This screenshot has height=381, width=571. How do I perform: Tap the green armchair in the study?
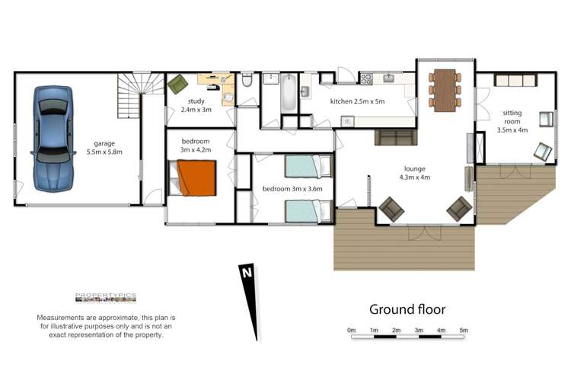click(x=177, y=83)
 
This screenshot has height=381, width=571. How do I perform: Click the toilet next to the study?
click(x=247, y=82)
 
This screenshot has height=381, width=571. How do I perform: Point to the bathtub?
click(x=289, y=96)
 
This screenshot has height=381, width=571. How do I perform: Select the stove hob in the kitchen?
click(x=365, y=78)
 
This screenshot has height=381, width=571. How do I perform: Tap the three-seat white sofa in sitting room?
click(x=516, y=80)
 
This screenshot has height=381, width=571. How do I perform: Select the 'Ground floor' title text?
click(x=407, y=309)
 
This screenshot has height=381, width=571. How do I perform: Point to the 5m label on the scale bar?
click(x=464, y=330)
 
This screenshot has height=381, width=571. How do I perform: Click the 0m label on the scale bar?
click(x=351, y=330)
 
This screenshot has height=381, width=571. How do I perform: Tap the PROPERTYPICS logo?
click(x=106, y=298)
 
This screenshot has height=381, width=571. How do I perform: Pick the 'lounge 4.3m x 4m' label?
click(x=415, y=173)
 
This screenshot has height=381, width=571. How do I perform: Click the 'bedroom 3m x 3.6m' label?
click(x=292, y=188)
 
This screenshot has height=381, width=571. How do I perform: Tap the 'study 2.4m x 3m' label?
click(x=196, y=105)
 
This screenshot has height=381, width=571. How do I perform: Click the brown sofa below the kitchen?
click(x=394, y=138)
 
